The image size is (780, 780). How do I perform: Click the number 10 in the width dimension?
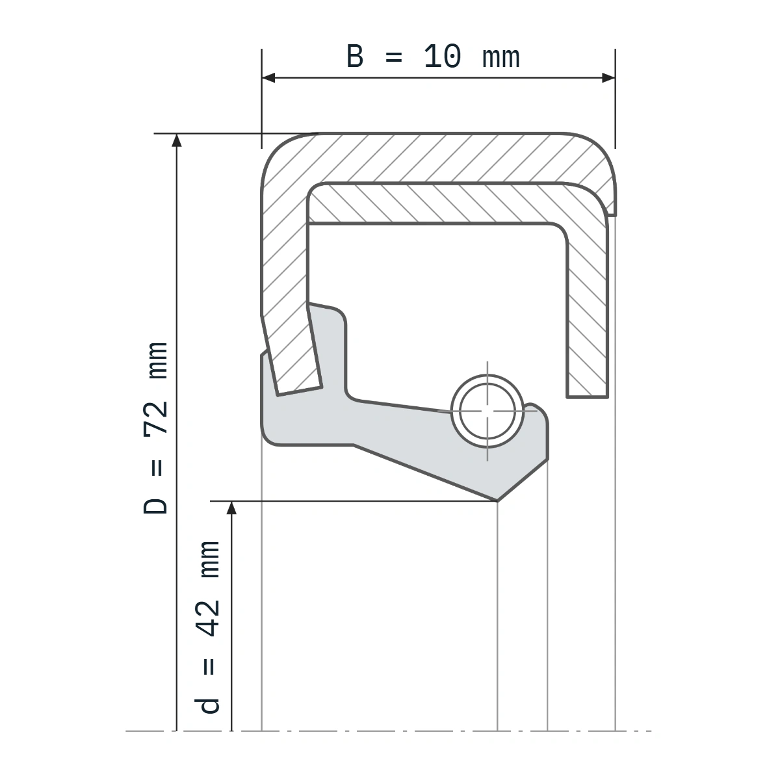[442, 57]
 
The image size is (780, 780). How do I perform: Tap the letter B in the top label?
[355, 57]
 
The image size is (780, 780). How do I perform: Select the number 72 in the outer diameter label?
[156, 419]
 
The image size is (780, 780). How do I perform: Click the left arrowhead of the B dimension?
[268, 78]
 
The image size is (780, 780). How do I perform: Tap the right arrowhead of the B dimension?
[608, 78]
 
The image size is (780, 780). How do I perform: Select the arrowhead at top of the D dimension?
[177, 140]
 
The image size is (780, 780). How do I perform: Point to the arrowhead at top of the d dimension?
[231, 508]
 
